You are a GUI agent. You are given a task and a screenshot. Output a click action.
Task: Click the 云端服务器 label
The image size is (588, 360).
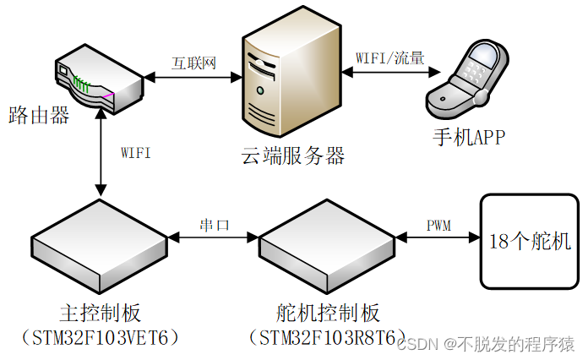[x=293, y=155]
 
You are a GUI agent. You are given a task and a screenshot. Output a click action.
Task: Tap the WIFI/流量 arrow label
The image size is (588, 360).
[x=389, y=59]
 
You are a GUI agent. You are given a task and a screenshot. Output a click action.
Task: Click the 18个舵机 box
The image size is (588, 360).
[x=531, y=241]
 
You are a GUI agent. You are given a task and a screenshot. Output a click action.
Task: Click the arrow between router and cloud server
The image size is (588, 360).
[x=193, y=77]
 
